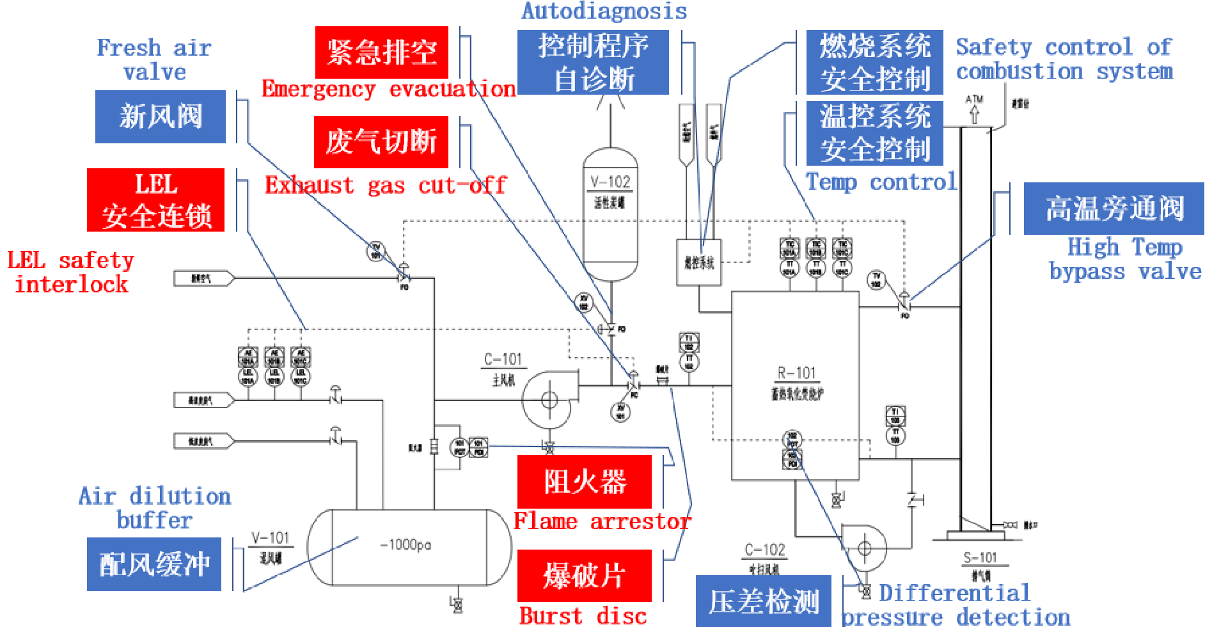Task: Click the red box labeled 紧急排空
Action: (x=381, y=52)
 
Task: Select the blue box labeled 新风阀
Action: (x=160, y=116)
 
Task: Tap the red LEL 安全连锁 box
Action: (x=155, y=200)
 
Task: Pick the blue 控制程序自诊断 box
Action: (x=593, y=62)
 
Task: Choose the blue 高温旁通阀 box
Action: (x=1114, y=209)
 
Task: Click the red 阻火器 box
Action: (x=584, y=482)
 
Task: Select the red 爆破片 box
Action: (x=584, y=575)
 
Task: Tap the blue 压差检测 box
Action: (x=763, y=601)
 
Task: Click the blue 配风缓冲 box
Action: (x=154, y=564)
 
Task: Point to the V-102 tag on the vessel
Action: (x=610, y=182)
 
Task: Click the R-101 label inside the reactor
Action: (x=796, y=373)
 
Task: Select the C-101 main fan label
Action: (x=503, y=360)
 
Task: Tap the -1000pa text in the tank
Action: (x=405, y=544)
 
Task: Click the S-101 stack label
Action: (x=980, y=558)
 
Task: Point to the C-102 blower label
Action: (x=764, y=550)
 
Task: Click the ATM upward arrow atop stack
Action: (x=974, y=114)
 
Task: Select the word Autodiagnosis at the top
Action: (x=604, y=11)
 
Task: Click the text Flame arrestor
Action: (x=602, y=521)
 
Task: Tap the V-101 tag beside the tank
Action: (x=270, y=538)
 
